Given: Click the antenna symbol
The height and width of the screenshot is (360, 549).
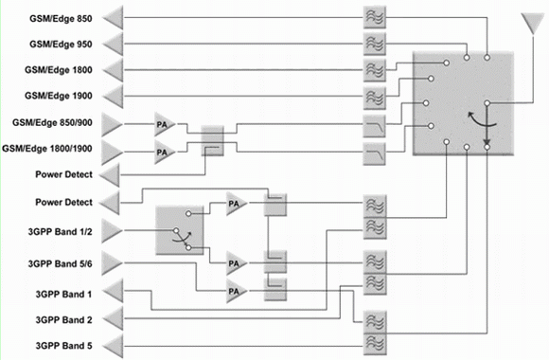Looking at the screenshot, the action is coord(533,24).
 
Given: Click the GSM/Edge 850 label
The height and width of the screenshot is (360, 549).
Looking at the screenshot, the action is coord(61,19).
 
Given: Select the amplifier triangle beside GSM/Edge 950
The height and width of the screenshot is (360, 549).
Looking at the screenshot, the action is coord(114,45).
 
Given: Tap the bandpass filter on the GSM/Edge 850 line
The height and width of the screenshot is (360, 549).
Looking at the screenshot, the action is coord(375,17).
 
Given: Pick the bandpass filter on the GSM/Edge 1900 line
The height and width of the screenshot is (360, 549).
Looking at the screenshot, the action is coord(375,97).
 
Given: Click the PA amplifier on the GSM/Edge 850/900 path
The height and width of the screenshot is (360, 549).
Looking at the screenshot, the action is coord(165,124).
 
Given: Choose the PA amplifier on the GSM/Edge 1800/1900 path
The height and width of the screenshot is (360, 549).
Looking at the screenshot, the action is coord(165,153).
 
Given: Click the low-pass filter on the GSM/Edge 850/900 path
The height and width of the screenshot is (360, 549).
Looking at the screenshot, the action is coord(374,126).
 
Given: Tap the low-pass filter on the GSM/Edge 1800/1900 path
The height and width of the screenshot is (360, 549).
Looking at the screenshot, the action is coord(374,153).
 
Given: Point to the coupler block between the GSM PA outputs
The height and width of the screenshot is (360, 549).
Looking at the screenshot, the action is coord(213,141).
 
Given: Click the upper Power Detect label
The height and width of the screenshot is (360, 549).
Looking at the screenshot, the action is coord(63,174).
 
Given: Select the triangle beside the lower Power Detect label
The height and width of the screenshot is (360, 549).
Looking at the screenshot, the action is coord(110,204).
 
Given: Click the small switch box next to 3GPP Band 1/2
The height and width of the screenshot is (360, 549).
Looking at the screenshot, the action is coord(180,230).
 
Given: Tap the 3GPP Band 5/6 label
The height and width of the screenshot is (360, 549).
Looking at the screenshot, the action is coord(61,264).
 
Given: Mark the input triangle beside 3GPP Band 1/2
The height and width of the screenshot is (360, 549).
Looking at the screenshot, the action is coord(113,231).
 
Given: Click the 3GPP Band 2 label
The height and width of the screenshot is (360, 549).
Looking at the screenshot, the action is coord(63,320).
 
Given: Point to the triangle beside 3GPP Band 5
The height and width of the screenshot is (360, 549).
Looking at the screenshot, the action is coord(114,347).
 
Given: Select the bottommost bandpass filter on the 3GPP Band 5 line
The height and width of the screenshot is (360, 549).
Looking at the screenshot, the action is coord(375,345).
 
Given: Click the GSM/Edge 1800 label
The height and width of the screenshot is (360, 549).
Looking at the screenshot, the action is coord(58,70).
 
